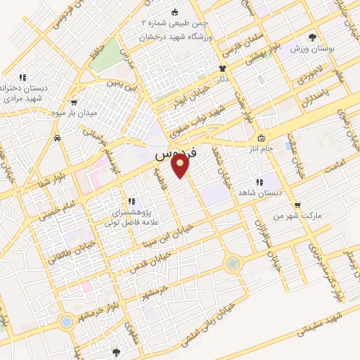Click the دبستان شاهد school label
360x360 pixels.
pos(259,192)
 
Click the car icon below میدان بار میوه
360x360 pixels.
pos(56,138)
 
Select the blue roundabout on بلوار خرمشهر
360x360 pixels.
pos(66,321)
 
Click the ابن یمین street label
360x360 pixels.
pos(120,84)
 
